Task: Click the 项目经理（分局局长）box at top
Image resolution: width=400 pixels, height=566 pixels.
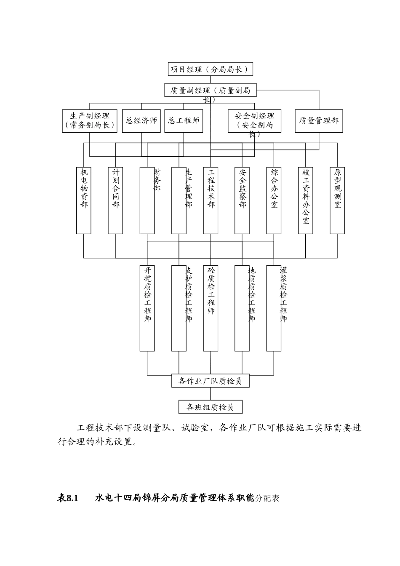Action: point(210,69)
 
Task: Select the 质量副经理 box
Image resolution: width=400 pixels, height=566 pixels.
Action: point(210,90)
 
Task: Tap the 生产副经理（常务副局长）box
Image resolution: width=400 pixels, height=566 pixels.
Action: point(90,121)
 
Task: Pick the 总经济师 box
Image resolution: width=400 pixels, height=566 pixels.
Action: point(141,121)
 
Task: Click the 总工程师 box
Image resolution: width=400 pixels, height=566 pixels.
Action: point(184,121)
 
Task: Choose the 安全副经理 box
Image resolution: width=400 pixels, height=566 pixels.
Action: point(254,121)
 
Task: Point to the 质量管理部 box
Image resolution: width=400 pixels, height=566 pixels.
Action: point(319,121)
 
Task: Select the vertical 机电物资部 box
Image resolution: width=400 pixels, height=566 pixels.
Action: point(84,200)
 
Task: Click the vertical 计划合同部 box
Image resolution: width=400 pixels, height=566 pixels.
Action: point(115,200)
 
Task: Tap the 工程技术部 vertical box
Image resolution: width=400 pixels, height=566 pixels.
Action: point(211,200)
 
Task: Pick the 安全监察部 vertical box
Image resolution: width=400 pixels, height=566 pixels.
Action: point(242,200)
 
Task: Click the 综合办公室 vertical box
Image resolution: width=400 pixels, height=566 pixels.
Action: point(274,200)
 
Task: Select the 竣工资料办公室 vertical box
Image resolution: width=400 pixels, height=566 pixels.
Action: point(306,200)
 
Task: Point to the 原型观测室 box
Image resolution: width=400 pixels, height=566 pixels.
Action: point(337,200)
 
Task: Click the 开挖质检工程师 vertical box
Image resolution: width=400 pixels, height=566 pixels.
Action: point(147,307)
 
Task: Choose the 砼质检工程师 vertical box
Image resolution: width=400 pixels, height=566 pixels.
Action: point(211,307)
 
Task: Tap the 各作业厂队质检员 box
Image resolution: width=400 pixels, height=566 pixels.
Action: point(210,381)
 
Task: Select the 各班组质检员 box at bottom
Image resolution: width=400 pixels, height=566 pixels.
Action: point(210,407)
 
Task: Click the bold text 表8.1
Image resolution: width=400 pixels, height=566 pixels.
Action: point(68,498)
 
